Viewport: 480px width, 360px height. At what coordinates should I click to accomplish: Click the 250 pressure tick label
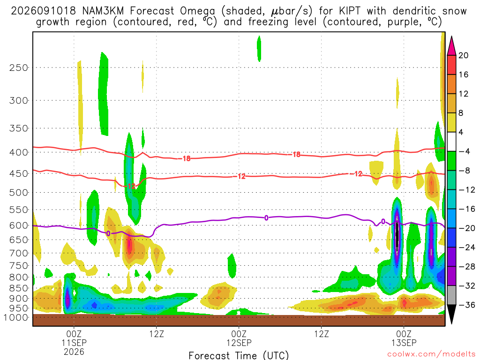(19, 67)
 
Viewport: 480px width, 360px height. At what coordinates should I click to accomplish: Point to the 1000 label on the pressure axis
(16, 318)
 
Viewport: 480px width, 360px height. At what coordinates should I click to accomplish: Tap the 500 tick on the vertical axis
(19, 193)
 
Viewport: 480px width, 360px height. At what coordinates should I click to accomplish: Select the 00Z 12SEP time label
(239, 338)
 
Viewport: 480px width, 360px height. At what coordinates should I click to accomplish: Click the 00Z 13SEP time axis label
(404, 338)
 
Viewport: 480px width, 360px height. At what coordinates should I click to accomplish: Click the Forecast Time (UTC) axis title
(239, 355)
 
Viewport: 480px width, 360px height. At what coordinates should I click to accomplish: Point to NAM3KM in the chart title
(103, 11)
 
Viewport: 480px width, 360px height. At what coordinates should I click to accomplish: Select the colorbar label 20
(463, 55)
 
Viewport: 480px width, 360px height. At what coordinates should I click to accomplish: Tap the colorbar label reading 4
(461, 132)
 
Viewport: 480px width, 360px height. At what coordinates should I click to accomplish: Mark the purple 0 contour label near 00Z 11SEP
(108, 233)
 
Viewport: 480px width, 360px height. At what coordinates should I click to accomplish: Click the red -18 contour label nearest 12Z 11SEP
(186, 158)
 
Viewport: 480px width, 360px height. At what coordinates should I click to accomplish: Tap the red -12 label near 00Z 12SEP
(241, 176)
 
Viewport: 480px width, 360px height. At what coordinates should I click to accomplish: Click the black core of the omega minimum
(397, 236)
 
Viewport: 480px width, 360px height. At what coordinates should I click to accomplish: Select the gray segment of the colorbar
(451, 295)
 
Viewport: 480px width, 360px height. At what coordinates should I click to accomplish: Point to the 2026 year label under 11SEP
(74, 352)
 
